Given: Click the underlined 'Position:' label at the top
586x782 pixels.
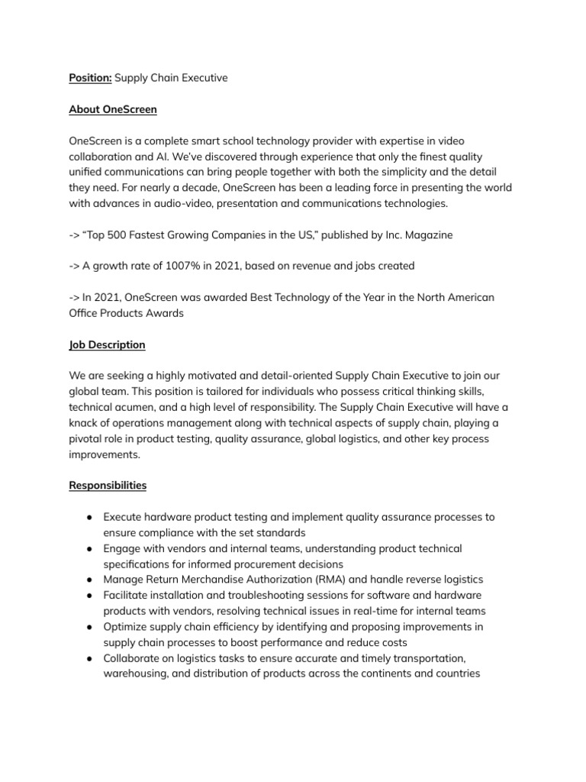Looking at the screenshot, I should point(90,78).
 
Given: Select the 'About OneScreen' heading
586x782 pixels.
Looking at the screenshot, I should point(113,109).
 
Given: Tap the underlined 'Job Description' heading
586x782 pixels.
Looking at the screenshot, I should point(107,344).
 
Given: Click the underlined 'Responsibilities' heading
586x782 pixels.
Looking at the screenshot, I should point(108,485).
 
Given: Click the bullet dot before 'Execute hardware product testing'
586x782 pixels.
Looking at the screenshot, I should point(90,518).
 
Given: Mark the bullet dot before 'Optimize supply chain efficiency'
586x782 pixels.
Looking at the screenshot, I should point(90,627).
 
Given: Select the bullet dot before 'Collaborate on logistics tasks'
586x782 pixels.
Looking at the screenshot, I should point(90,658).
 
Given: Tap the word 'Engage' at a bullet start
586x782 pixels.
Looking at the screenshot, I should point(122,548).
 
